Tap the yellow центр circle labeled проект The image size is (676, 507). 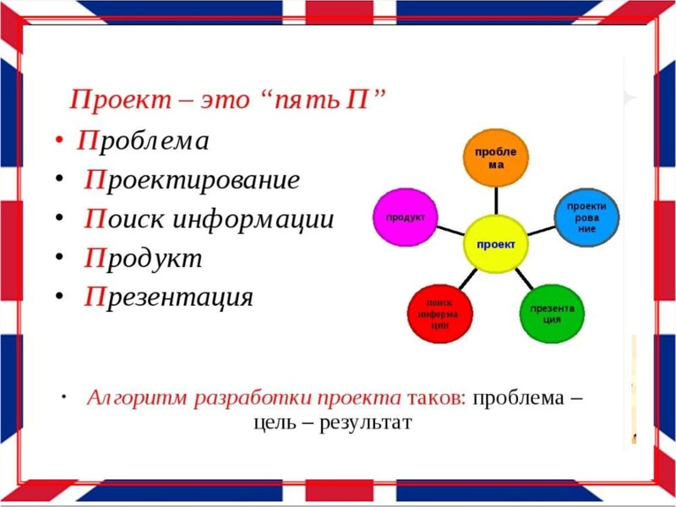496,244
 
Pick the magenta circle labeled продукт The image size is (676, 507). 405,217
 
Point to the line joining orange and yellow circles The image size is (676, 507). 496,200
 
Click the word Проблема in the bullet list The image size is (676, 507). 143,140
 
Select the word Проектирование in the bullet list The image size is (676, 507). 192,180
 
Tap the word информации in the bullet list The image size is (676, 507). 253,219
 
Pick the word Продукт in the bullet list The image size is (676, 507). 143,258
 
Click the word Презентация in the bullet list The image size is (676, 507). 168,297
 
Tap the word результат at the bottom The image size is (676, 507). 365,422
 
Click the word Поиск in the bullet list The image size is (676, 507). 126,219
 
